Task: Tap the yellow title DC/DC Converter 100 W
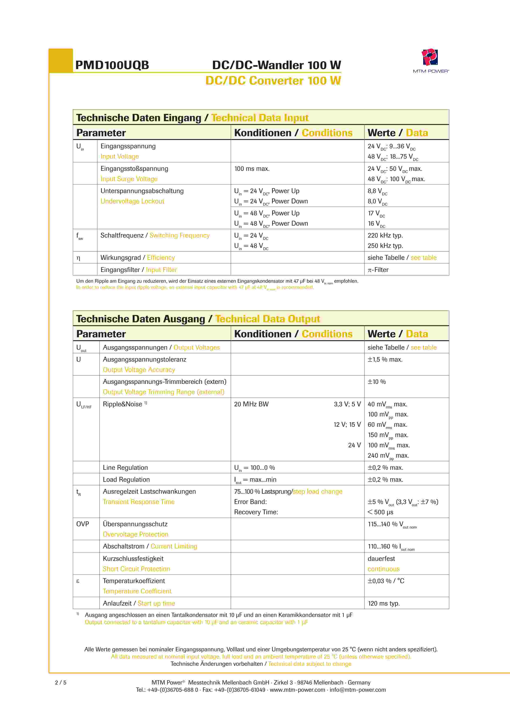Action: pyautogui.click(x=273, y=81)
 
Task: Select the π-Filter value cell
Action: pyautogui.click(x=378, y=270)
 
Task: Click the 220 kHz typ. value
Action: pyautogui.click(x=385, y=236)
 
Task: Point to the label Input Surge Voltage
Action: pyautogui.click(x=129, y=179)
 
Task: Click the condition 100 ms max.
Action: pyautogui.click(x=252, y=169)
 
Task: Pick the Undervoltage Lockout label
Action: pyautogui.click(x=132, y=201)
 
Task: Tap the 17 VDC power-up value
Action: pyautogui.click(x=376, y=213)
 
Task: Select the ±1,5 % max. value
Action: pyautogui.click(x=385, y=359)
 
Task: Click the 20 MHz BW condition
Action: pyautogui.click(x=251, y=404)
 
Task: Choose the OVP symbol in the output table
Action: pyautogui.click(x=82, y=524)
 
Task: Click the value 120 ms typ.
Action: pyautogui.click(x=384, y=604)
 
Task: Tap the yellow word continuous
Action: pyautogui.click(x=383, y=569)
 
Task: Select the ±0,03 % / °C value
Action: pyautogui.click(x=386, y=581)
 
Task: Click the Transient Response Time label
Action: pyautogui.click(x=138, y=502)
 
